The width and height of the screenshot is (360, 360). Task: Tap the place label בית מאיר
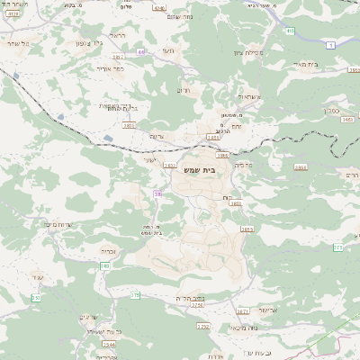pos(331,64)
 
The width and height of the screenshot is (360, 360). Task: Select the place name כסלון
pos(337,105)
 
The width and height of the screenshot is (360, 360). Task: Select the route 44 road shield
pos(141,52)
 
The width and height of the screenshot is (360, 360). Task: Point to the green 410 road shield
pos(290,31)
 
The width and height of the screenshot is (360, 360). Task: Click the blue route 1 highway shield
pos(331,44)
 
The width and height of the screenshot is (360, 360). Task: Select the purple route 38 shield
pos(158,193)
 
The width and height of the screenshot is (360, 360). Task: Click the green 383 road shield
pos(105,266)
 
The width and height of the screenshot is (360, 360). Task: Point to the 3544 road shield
pos(109,343)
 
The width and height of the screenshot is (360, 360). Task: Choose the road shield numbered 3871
pos(243,311)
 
